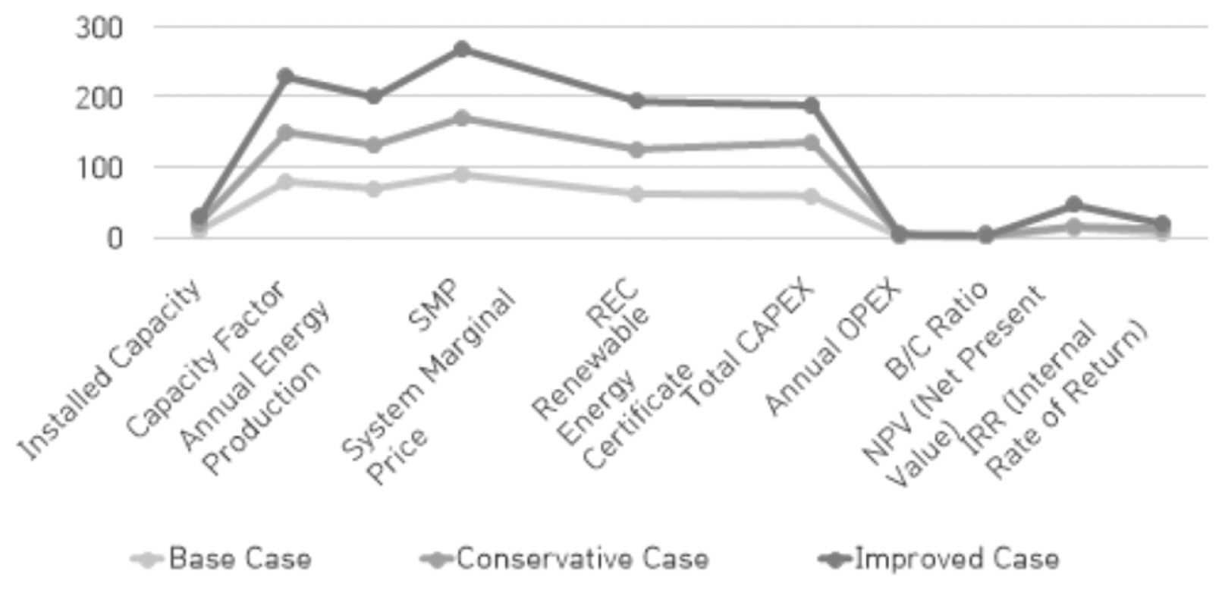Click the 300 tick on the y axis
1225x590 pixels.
click(99, 28)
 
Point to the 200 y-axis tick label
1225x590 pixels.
click(99, 98)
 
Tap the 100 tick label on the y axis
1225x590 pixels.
click(99, 168)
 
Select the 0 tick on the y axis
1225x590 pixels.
click(114, 238)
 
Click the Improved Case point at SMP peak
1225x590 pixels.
click(461, 49)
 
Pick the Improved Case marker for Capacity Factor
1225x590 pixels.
click(285, 76)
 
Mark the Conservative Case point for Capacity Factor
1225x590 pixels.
click(285, 133)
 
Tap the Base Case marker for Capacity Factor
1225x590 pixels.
click(285, 182)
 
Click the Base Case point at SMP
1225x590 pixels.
click(461, 175)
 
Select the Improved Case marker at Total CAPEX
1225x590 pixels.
click(812, 105)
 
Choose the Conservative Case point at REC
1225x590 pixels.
click(636, 149)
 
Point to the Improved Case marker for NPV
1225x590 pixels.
click(1073, 205)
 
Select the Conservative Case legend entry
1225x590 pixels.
click(565, 560)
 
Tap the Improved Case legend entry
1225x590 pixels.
click(941, 560)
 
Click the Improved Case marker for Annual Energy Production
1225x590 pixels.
click(373, 96)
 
